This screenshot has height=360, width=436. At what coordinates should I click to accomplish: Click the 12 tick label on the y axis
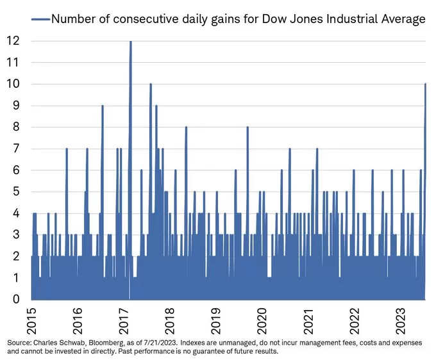tap(14, 41)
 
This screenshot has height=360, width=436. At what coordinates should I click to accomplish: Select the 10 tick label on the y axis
tap(14, 84)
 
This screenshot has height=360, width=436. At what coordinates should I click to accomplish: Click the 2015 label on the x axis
tap(31, 318)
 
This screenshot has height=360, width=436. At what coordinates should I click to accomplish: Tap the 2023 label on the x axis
tap(399, 318)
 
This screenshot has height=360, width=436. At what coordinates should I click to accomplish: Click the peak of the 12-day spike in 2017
tap(131, 42)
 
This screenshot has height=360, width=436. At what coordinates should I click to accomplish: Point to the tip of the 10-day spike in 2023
tap(425, 85)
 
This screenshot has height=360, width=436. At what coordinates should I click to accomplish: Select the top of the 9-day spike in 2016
tap(103, 106)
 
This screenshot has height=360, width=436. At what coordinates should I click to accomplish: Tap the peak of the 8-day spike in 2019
tap(247, 127)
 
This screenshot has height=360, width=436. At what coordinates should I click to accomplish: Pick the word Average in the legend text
tap(403, 19)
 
